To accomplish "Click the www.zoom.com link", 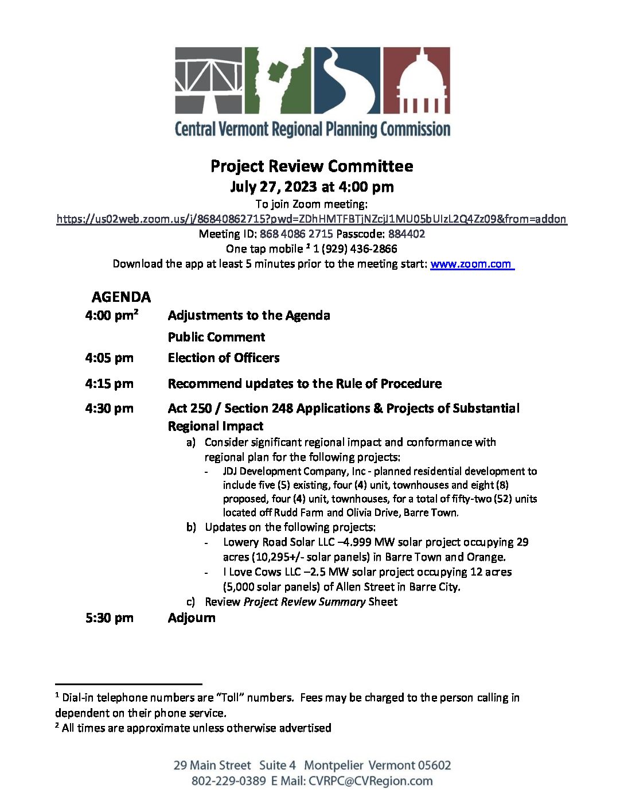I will tap(471, 264).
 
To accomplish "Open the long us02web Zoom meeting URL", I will tap(311, 219).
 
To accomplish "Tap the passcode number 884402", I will tap(407, 234).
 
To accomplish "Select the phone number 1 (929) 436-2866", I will tap(355, 248).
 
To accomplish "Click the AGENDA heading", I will tap(121, 297).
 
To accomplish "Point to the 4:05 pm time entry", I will tap(109, 358).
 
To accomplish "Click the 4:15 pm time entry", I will tap(109, 383).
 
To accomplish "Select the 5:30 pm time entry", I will tap(109, 618).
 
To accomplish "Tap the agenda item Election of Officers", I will tap(224, 358).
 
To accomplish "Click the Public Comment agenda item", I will tap(216, 337).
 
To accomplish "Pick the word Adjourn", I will tap(192, 618).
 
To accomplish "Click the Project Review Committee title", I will tap(311, 166).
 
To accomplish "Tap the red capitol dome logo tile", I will tap(416, 80).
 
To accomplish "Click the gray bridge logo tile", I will tap(209, 80).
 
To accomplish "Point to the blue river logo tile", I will tap(346, 80).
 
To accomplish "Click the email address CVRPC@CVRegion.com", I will tap(370, 781).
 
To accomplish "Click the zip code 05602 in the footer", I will tap(434, 766).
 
